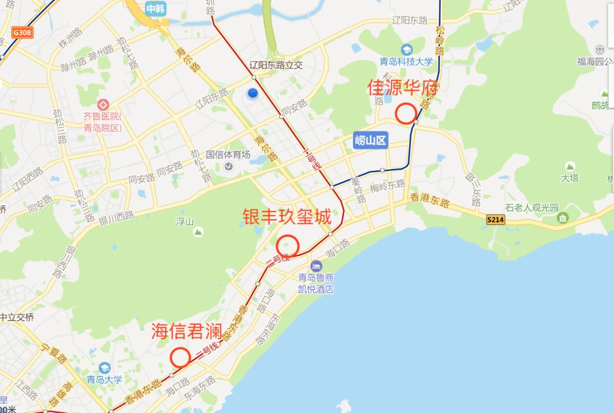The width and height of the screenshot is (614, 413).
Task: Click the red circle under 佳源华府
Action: pyautogui.click(x=405, y=113)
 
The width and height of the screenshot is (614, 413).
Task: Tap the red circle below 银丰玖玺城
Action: pyautogui.click(x=288, y=246)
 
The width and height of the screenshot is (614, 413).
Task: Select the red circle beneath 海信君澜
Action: pyautogui.click(x=180, y=357)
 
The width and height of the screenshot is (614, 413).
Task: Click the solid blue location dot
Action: pyautogui.click(x=253, y=93)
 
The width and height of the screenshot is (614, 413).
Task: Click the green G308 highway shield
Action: pyautogui.click(x=21, y=33)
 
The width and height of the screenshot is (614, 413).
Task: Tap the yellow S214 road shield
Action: pyautogui.click(x=496, y=218)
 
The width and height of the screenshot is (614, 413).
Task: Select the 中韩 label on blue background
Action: pyautogui.click(x=155, y=9)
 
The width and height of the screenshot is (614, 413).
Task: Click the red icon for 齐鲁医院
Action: pyautogui.click(x=103, y=105)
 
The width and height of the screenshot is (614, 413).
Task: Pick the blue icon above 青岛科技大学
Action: pyautogui.click(x=406, y=50)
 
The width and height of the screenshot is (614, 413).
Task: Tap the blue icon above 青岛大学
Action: pyautogui.click(x=104, y=368)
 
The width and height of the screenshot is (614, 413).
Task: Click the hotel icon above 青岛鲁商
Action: pyautogui.click(x=316, y=266)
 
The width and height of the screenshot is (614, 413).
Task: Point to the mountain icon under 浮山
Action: pyautogui.click(x=198, y=232)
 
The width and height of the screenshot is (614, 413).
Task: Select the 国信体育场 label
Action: pyautogui.click(x=228, y=154)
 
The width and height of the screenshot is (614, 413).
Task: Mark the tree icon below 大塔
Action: pyautogui.click(x=569, y=167)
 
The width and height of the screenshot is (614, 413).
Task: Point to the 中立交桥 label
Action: pyautogui.click(x=17, y=317)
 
